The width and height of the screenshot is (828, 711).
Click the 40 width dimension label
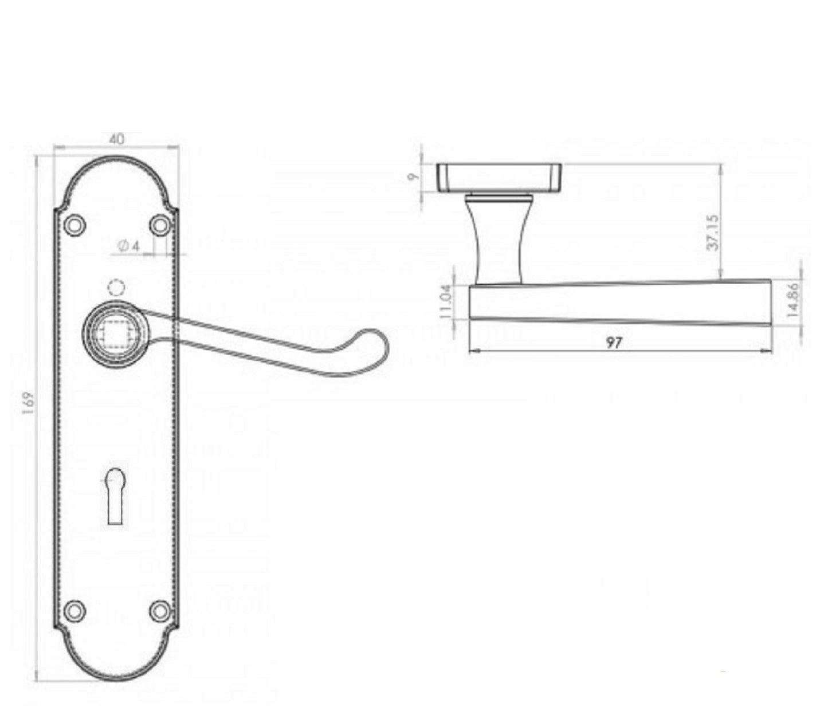(x=116, y=139)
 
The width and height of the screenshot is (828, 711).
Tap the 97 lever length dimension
(x=614, y=343)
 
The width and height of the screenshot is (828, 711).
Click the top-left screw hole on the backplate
(x=74, y=225)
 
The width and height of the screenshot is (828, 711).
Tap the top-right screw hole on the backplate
(x=160, y=225)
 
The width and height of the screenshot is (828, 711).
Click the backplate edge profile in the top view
(x=499, y=177)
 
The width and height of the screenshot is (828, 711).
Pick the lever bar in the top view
(x=619, y=301)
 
